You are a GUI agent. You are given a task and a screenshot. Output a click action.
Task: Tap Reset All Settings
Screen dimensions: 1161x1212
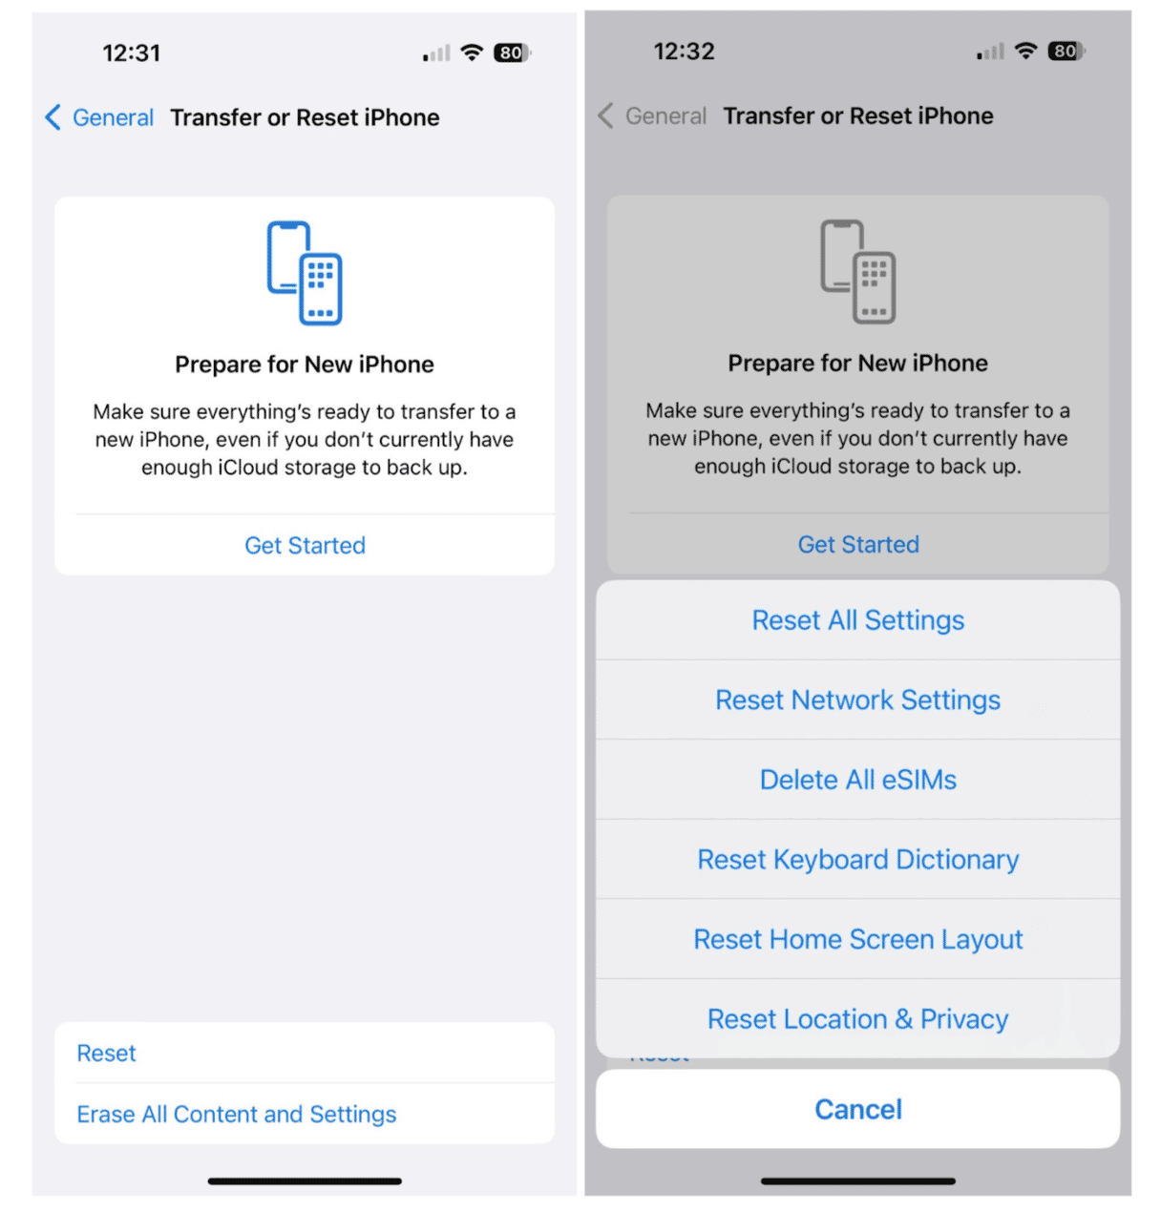coord(856,620)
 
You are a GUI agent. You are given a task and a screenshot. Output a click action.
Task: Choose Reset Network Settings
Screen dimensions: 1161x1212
coord(856,700)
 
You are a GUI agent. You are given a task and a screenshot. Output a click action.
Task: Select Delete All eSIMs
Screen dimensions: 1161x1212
coord(856,780)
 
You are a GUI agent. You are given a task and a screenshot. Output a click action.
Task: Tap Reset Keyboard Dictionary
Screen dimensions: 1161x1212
coord(856,860)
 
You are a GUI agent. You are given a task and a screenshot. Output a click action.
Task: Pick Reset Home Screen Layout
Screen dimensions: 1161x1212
coord(856,939)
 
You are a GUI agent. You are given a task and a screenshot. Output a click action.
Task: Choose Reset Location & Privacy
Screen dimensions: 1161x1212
coord(856,1019)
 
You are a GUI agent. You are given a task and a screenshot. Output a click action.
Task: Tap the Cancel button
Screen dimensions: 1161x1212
coord(856,1109)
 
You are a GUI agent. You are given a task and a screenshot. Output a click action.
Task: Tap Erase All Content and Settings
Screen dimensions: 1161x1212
coord(236,1114)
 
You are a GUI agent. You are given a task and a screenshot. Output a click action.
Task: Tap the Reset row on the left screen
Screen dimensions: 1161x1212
coord(106,1053)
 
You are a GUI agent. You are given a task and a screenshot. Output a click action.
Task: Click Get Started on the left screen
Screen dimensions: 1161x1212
coord(305,545)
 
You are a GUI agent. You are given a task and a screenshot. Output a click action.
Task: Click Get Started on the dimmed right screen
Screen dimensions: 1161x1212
coord(857,544)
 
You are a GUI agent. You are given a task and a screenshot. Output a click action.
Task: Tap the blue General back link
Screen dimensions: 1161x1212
coord(99,117)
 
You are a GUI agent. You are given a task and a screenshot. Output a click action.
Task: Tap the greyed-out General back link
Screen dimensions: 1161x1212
coord(652,115)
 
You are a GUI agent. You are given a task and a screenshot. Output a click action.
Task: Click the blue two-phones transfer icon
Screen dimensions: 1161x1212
coord(305,273)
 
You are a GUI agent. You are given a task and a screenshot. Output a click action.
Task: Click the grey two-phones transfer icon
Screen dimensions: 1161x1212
coord(857,272)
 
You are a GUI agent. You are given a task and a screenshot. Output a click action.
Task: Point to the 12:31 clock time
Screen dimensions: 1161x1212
coord(132,52)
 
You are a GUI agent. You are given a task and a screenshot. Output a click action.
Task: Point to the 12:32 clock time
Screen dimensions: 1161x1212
coord(684,52)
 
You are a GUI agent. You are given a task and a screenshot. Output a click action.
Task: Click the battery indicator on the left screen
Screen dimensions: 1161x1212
coord(512,52)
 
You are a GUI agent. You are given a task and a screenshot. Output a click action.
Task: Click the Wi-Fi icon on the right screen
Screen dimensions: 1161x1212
coord(1025,52)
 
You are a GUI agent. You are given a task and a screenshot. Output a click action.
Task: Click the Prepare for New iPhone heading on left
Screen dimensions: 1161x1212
coord(305,365)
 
